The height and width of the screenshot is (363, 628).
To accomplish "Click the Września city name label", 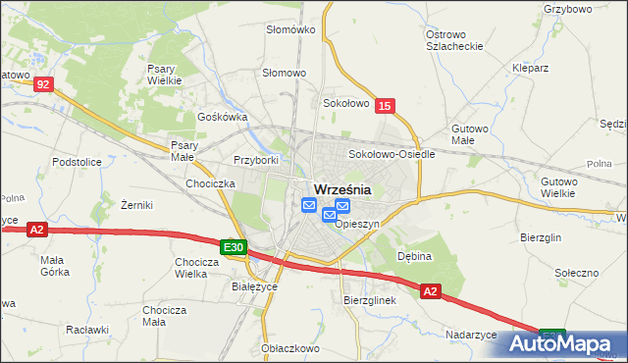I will pyautogui.click(x=341, y=189).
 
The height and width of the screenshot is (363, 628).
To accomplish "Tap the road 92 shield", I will pyautogui.click(x=42, y=85).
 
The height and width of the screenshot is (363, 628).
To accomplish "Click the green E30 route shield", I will pyautogui.click(x=233, y=248).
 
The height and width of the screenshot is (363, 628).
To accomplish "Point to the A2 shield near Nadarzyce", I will pyautogui.click(x=431, y=291).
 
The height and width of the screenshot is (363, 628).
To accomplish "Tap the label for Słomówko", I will pyautogui.click(x=290, y=29).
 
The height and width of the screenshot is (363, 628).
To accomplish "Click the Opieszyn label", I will pyautogui.click(x=357, y=224).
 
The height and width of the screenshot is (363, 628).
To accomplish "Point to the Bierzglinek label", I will pyautogui.click(x=369, y=300).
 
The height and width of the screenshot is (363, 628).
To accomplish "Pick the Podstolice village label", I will pyautogui.click(x=78, y=161).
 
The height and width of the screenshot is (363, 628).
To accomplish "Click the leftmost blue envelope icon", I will pyautogui.click(x=309, y=205).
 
